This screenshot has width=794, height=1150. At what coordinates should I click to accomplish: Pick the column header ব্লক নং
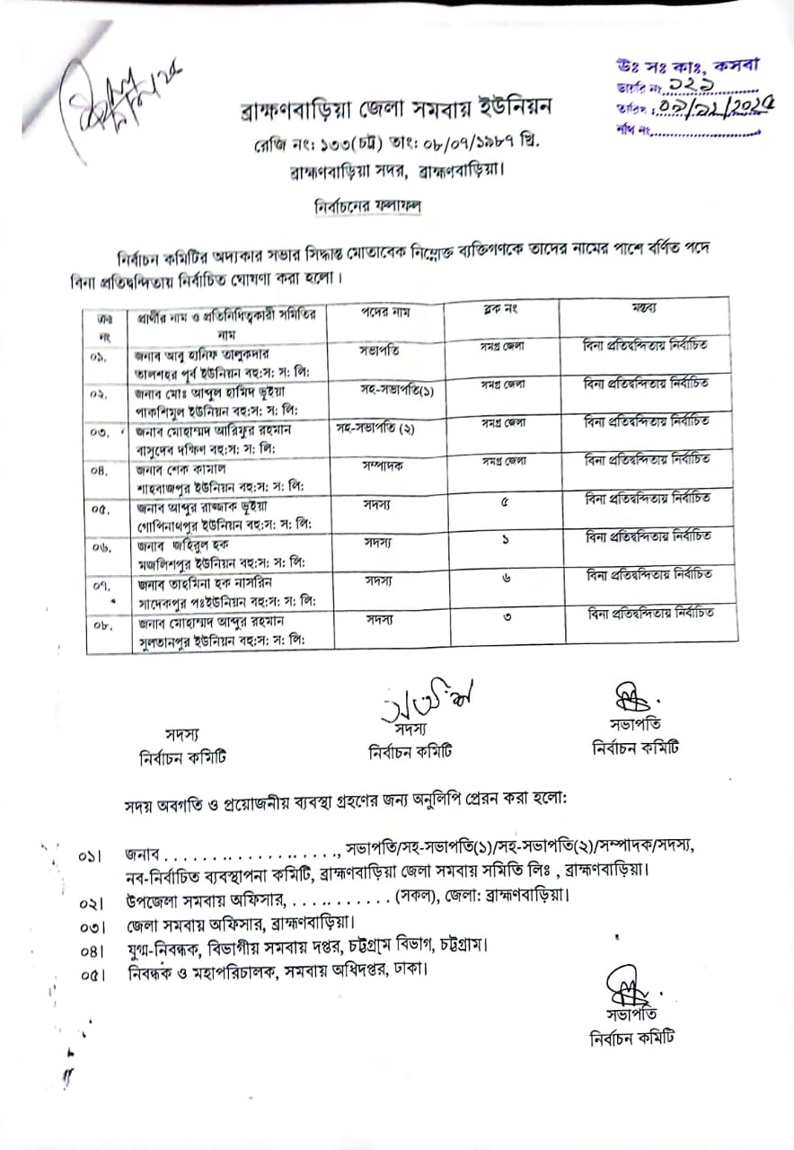click(502, 310)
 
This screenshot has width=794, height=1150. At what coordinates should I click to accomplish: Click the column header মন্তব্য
click(643, 308)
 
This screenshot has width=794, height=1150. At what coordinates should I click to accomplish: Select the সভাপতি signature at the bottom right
click(623, 987)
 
